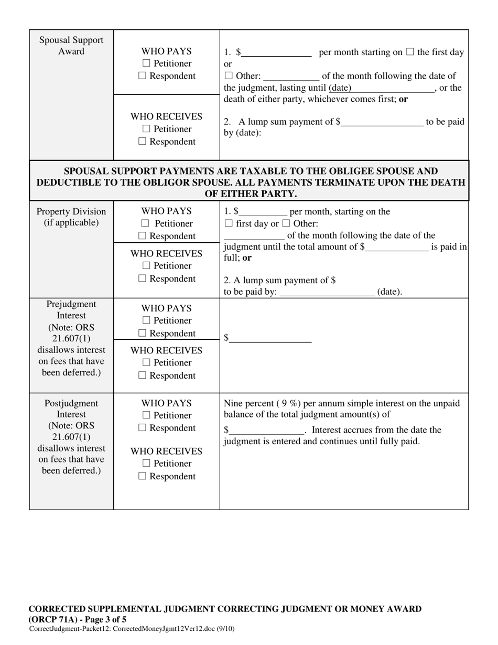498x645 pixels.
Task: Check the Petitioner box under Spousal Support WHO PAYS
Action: [146, 63]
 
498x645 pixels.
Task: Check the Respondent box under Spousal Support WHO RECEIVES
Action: [143, 142]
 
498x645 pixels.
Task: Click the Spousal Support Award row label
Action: [71, 46]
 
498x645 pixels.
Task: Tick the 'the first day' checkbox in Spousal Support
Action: [410, 52]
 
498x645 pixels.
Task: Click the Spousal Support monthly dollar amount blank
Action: [276, 52]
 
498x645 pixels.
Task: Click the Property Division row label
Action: [71, 217]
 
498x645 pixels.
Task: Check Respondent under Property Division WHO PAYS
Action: [143, 236]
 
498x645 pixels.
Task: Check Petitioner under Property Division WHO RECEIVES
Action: [146, 266]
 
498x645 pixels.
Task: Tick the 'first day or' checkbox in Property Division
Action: [228, 224]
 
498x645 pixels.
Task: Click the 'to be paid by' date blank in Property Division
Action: [327, 292]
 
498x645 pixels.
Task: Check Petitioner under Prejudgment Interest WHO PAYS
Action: [146, 320]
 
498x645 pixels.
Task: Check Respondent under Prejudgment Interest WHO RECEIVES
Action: [143, 375]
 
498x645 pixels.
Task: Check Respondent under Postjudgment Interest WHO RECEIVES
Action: [143, 476]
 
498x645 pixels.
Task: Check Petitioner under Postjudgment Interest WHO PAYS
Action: [146, 415]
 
